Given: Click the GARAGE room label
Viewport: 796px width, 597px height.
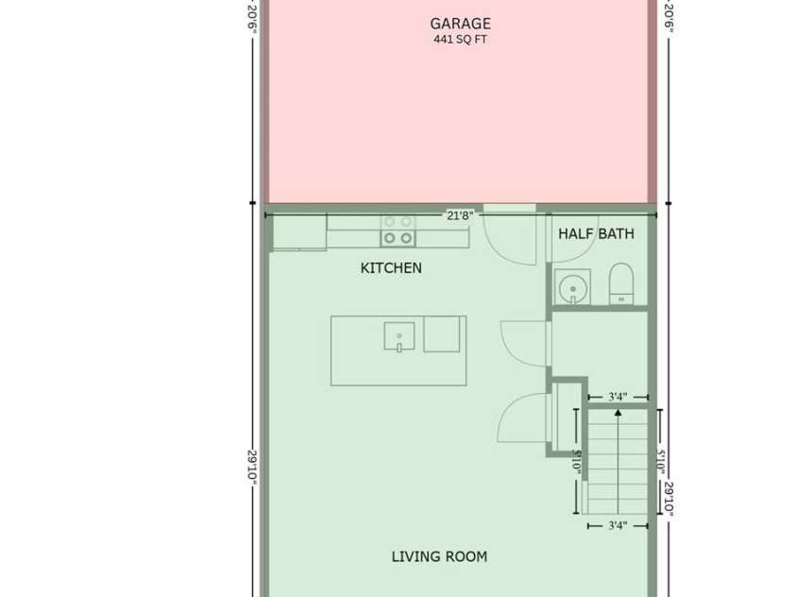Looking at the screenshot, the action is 460,24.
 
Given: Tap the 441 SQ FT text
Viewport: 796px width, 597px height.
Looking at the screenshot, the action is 460,40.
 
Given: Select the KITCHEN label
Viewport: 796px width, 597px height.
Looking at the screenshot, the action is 391,268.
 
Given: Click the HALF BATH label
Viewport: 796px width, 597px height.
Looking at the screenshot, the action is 596,233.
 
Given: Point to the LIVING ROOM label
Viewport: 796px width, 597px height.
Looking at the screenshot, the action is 439,556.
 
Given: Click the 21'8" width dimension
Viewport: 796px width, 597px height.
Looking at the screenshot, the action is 460,215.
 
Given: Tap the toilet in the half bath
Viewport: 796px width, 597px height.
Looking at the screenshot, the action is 621,284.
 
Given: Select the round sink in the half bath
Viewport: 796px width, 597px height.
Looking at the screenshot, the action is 572,287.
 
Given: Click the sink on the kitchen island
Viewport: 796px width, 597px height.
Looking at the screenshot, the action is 399,336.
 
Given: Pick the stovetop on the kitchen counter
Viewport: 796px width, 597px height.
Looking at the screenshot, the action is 398,230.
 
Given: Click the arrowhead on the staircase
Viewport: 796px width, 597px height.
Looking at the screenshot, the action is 618,413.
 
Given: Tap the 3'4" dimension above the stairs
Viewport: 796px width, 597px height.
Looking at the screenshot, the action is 618,397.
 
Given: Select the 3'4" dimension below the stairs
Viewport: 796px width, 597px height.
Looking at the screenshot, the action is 618,526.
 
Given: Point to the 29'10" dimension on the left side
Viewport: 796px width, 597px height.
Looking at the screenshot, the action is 252,467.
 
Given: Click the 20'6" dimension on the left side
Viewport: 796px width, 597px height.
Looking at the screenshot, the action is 252,19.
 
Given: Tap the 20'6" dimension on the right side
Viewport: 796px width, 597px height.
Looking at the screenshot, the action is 669,19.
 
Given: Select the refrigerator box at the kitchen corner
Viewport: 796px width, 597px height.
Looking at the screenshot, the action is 299,232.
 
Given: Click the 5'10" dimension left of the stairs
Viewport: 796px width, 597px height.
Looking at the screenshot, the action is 576,462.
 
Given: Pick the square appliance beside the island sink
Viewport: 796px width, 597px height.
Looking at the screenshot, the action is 442,334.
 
